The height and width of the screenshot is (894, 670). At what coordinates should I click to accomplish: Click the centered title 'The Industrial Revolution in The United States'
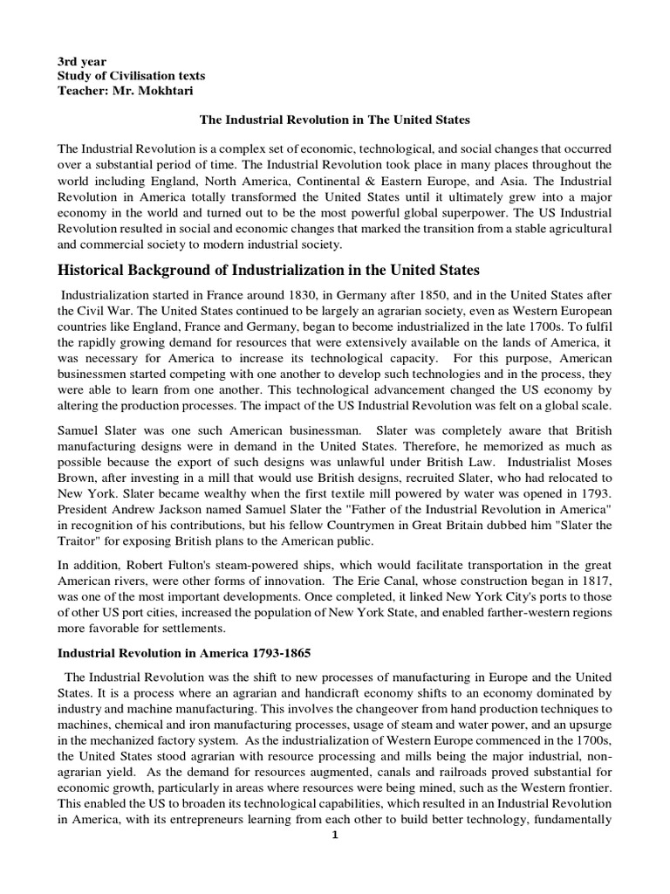[335, 118]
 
